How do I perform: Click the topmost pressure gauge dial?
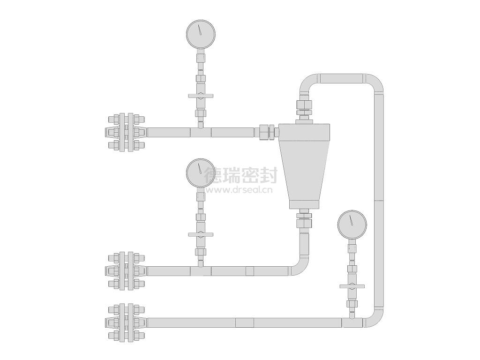click(201, 34)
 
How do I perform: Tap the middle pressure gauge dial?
click(201, 172)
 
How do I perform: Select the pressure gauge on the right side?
click(352, 225)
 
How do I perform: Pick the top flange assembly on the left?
click(126, 132)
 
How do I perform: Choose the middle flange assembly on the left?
click(126, 271)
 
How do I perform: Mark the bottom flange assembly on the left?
click(126, 322)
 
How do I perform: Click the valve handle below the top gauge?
click(201, 96)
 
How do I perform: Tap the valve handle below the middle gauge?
click(201, 235)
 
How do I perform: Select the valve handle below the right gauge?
click(352, 286)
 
